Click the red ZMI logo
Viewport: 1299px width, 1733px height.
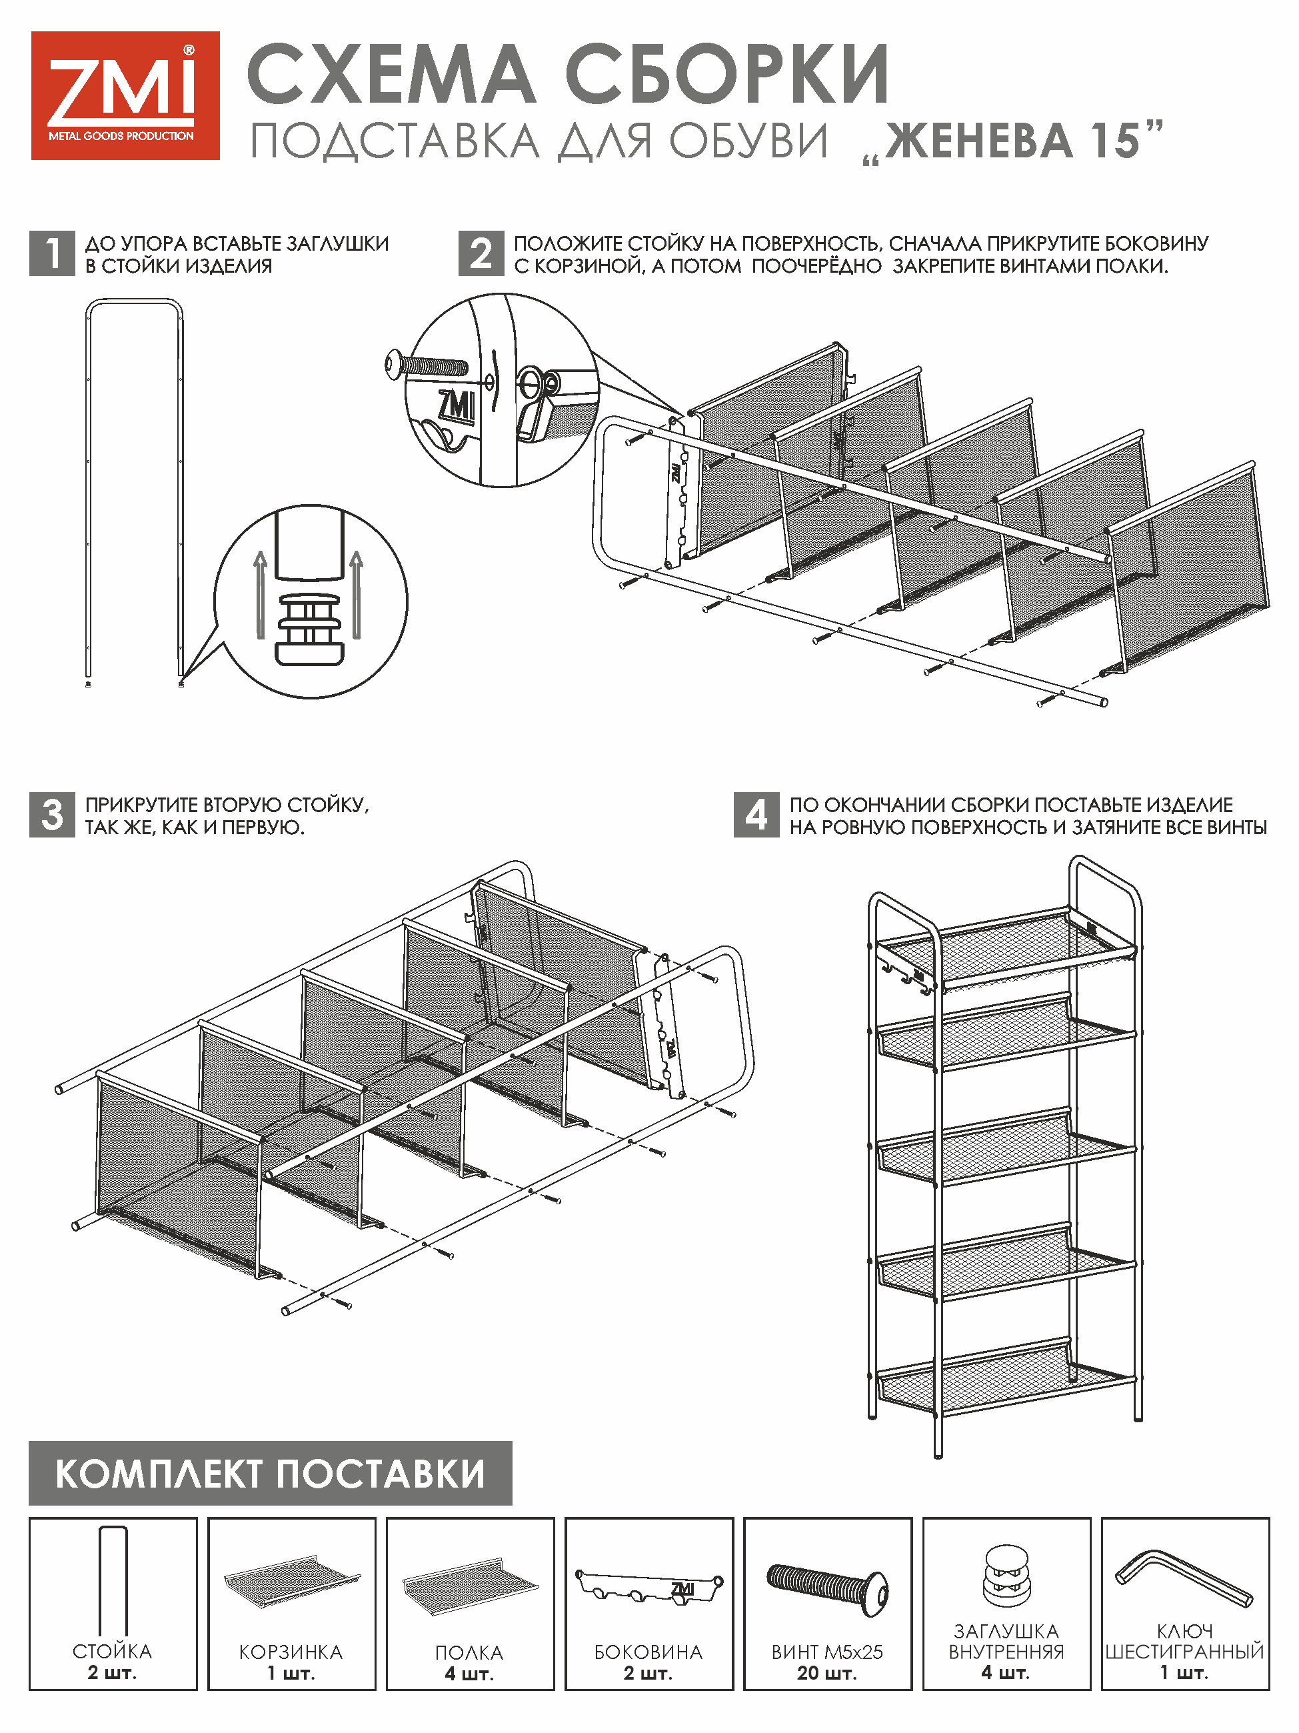125,95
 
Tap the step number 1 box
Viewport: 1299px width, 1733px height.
52,253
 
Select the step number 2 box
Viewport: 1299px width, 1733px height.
481,253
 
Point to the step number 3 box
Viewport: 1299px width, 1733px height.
52,815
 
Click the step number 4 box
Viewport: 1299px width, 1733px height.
756,815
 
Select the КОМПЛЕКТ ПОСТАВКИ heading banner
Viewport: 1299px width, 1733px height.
270,1473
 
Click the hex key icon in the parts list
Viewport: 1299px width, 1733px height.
1184,1579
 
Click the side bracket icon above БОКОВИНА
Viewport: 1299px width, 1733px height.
649,1586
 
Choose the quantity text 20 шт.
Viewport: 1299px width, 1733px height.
827,1673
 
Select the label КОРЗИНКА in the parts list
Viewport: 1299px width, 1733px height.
291,1652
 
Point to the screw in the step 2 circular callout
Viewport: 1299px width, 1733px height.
427,364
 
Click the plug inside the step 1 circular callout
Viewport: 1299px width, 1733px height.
310,629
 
